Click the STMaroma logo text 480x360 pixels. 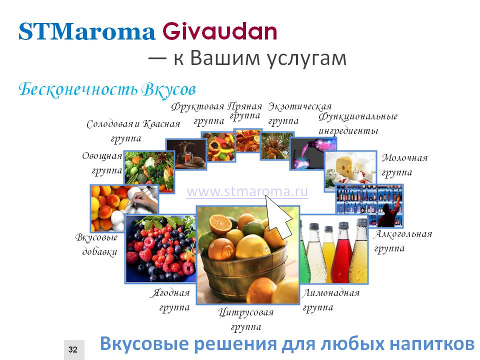click(x=87, y=31)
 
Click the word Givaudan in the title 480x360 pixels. click(x=220, y=31)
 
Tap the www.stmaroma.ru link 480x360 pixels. click(x=247, y=192)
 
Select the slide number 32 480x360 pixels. click(x=73, y=349)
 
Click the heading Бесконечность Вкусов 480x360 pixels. click(x=107, y=89)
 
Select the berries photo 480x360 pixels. click(x=160, y=249)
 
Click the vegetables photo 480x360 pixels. click(x=149, y=171)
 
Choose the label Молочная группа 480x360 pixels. click(x=404, y=165)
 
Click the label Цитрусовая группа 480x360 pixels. click(x=246, y=319)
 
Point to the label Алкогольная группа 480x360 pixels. click(x=403, y=241)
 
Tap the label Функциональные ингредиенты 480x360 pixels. click(x=358, y=123)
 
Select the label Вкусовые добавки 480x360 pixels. click(x=96, y=244)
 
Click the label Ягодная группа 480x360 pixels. click(x=170, y=300)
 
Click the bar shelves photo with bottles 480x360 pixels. click(x=369, y=205)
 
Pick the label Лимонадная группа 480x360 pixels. click(x=330, y=300)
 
